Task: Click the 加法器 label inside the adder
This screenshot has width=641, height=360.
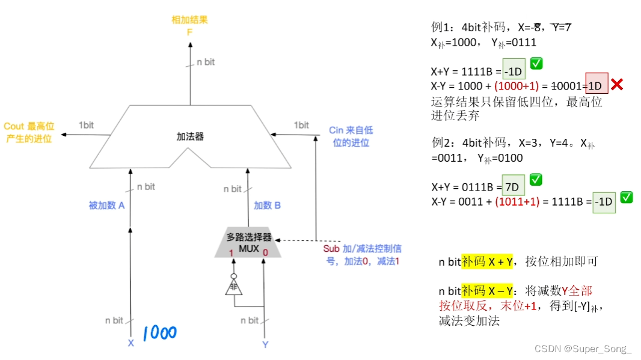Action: pyautogui.click(x=190, y=136)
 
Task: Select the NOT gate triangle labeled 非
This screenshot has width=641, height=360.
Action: pyautogui.click(x=233, y=287)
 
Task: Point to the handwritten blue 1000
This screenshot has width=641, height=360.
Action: pyautogui.click(x=159, y=333)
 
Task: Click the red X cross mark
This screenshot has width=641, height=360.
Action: pyautogui.click(x=617, y=85)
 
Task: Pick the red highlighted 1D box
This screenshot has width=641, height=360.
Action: pyautogui.click(x=595, y=85)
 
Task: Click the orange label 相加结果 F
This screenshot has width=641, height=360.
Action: pyautogui.click(x=189, y=26)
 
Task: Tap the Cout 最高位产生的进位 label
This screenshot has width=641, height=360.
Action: pyautogui.click(x=28, y=132)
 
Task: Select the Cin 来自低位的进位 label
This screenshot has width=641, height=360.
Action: pyautogui.click(x=351, y=136)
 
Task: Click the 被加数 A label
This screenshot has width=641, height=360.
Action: pyautogui.click(x=106, y=206)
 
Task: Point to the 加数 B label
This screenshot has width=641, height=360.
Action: pyautogui.click(x=268, y=206)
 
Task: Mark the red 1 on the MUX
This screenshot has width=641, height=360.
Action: pyautogui.click(x=231, y=252)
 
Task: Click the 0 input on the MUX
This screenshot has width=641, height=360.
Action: pyautogui.click(x=265, y=252)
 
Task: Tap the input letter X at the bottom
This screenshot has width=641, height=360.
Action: pyautogui.click(x=130, y=344)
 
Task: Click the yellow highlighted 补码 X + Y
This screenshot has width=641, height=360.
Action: pyautogui.click(x=487, y=262)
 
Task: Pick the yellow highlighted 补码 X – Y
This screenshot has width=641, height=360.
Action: pyautogui.click(x=487, y=291)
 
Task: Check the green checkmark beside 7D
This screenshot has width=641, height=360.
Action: pyautogui.click(x=536, y=179)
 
